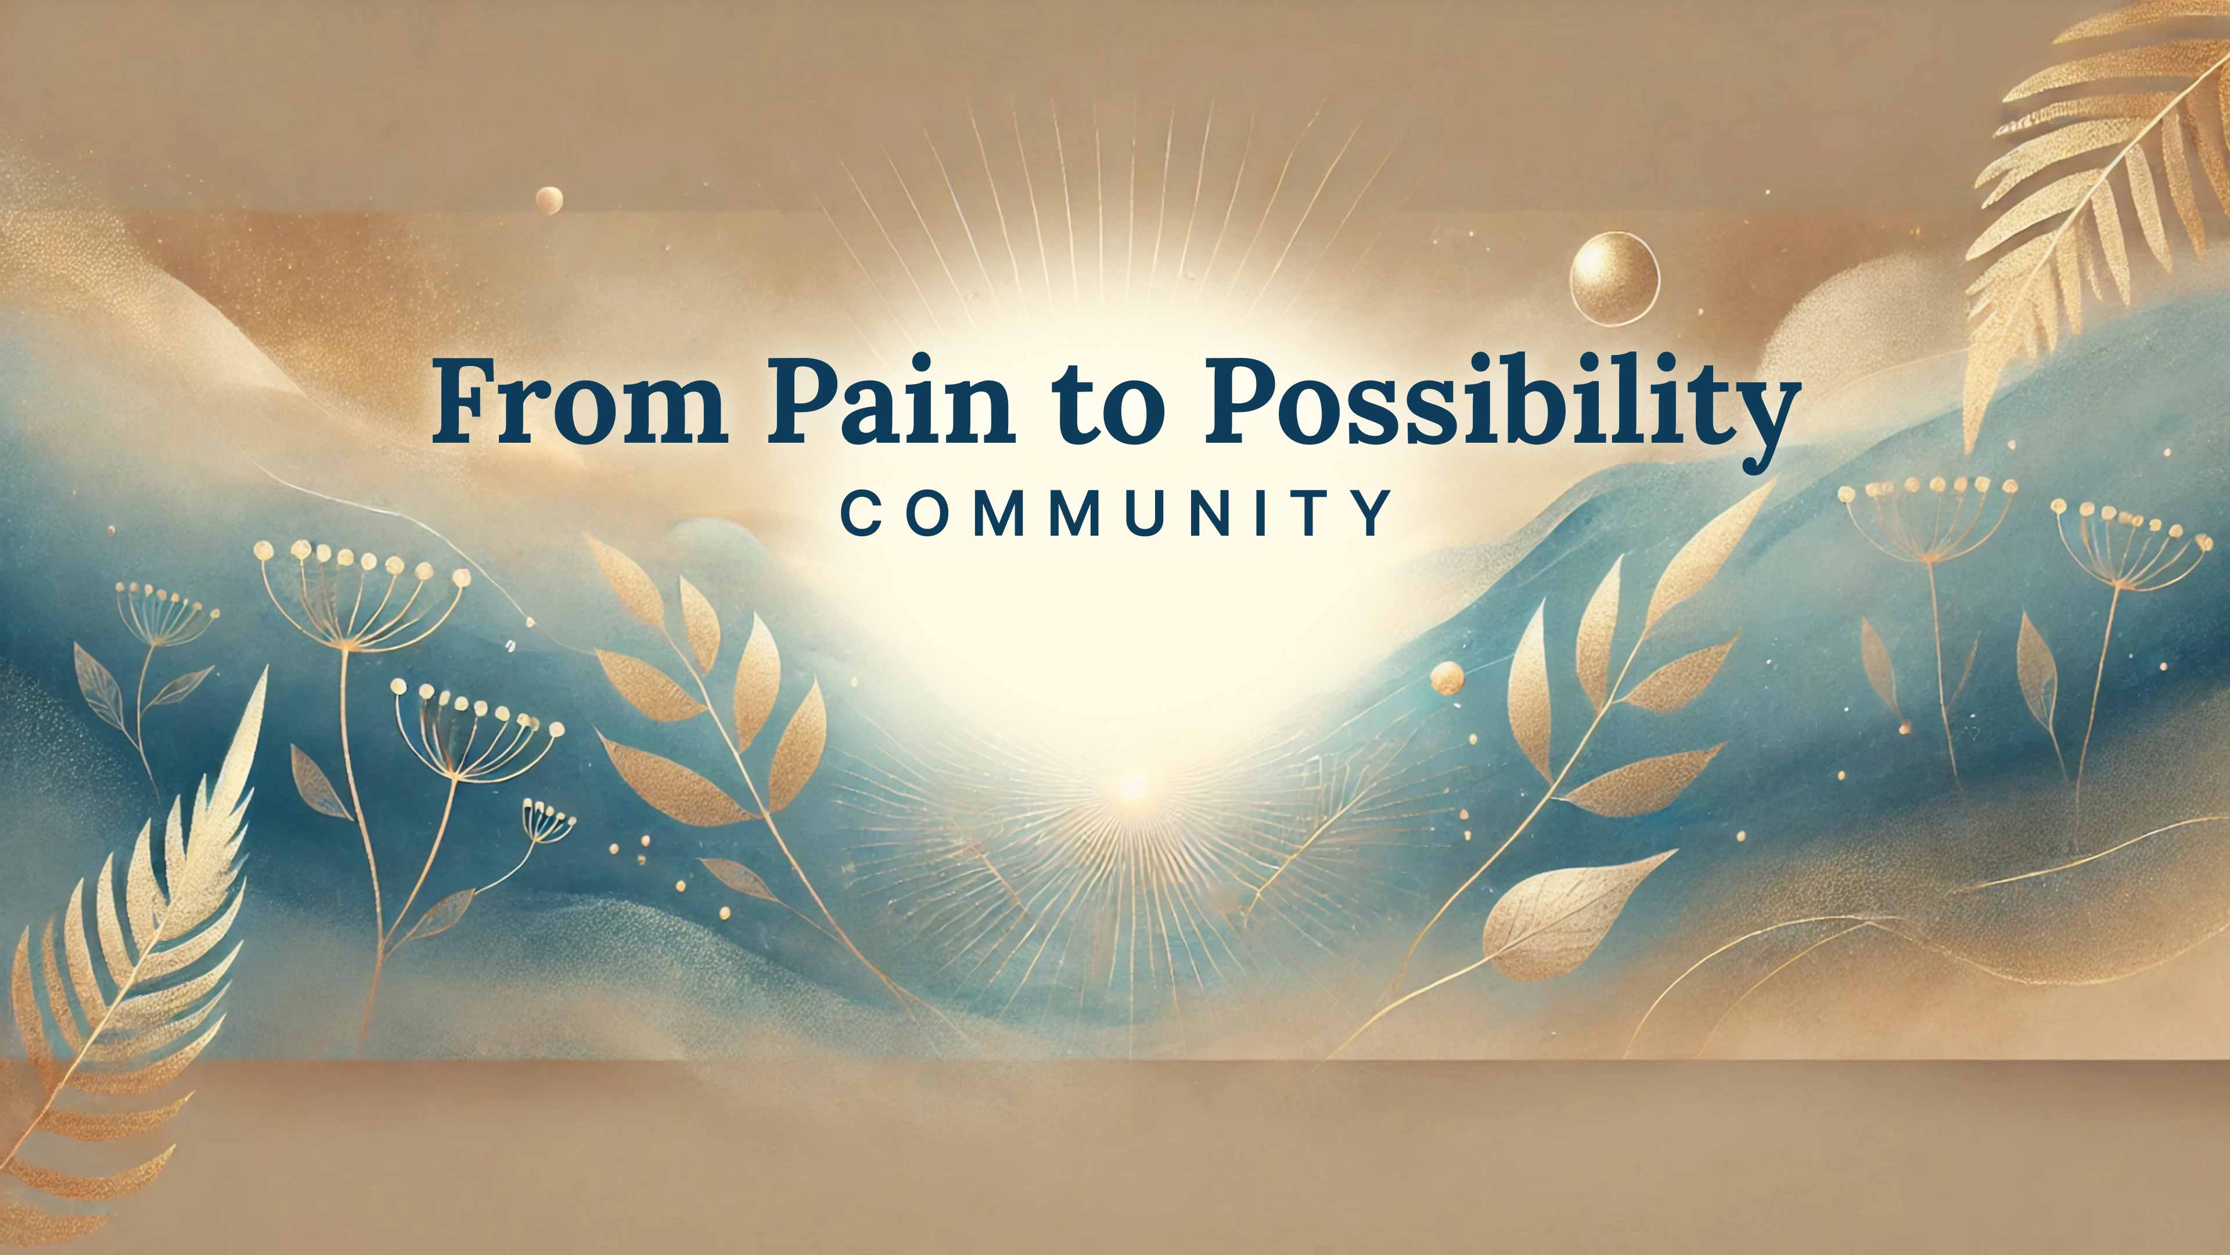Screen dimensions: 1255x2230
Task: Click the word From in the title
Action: pos(580,403)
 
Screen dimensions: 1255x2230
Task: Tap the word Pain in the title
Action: pos(891,403)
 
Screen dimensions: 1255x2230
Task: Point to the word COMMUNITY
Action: pos(1117,512)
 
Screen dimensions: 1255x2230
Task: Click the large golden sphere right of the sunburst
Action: pos(1614,277)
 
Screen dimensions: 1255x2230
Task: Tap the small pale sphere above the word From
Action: pos(549,200)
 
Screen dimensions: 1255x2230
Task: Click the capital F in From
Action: pos(464,400)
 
